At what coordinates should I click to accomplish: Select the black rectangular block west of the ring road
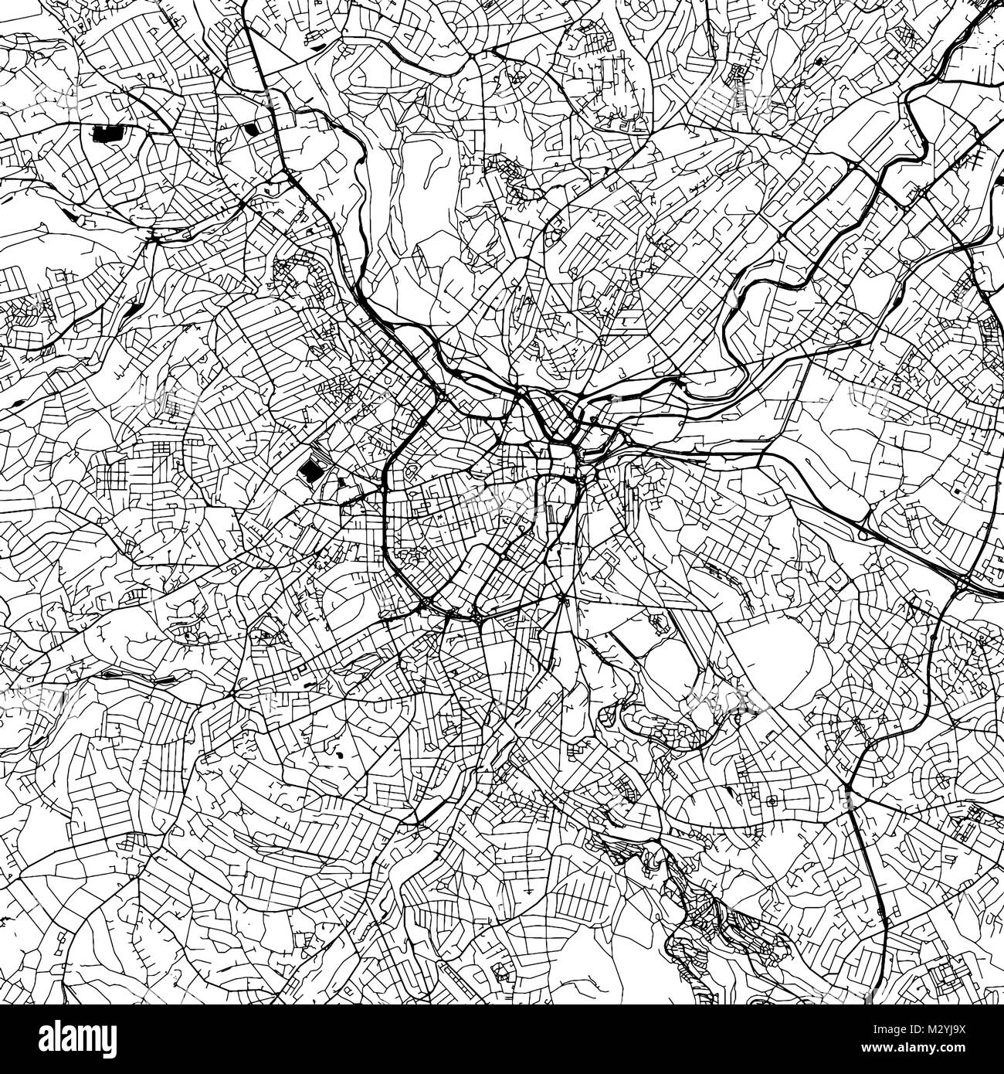310,469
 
